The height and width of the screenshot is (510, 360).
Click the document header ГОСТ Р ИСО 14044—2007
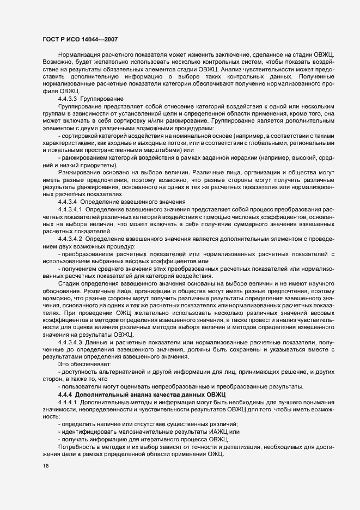tap(79, 39)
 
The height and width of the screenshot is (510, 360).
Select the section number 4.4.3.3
tap(68, 99)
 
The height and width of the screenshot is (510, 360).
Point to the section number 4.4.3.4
tap(68, 202)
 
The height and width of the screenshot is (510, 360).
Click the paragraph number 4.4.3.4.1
tap(70, 209)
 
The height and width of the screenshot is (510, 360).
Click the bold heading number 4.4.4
tap(65, 394)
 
